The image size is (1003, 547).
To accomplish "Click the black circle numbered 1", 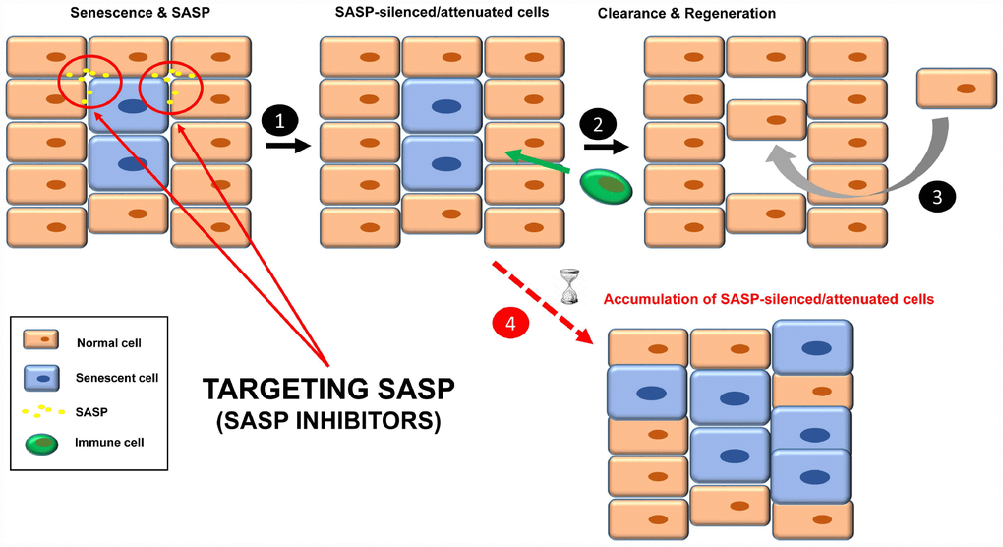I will (280, 123).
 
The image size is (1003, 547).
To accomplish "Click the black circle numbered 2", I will (599, 124).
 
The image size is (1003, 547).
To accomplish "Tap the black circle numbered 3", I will (936, 196).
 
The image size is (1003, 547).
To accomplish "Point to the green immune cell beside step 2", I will (605, 186).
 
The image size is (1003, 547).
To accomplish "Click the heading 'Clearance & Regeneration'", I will (686, 14).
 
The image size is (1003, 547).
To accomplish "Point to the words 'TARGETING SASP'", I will (328, 389).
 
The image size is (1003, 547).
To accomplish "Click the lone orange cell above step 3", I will (956, 88).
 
